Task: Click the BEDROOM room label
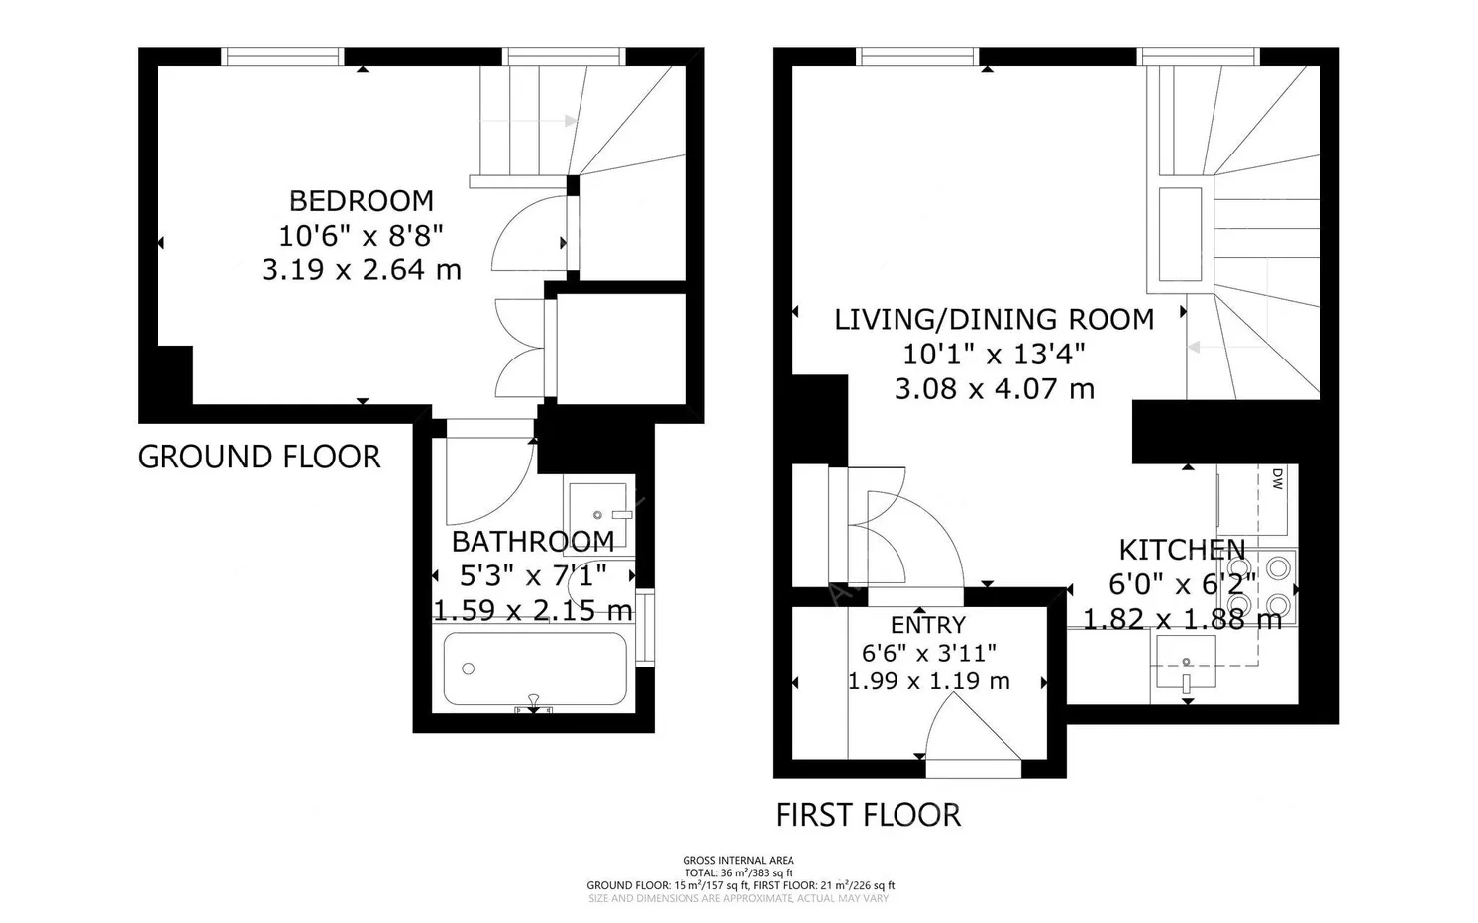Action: [x=362, y=201]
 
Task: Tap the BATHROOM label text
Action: [x=533, y=542]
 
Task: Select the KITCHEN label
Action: [x=1183, y=550]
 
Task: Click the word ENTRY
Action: [x=927, y=624]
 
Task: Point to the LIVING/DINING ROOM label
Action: [x=995, y=319]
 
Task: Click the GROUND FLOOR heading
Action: [x=259, y=457]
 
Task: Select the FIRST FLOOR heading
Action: [x=868, y=815]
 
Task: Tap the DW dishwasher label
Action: [x=1277, y=479]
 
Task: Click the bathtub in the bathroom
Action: [x=535, y=669]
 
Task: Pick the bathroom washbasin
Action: [x=597, y=512]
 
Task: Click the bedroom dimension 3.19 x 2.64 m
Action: [x=362, y=270]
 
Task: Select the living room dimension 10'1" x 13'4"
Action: [x=995, y=355]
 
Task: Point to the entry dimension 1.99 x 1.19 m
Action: [x=928, y=681]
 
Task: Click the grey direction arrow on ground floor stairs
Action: [x=529, y=121]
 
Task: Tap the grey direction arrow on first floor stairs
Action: [x=1227, y=347]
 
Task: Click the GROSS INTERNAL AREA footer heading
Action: [x=738, y=861]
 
